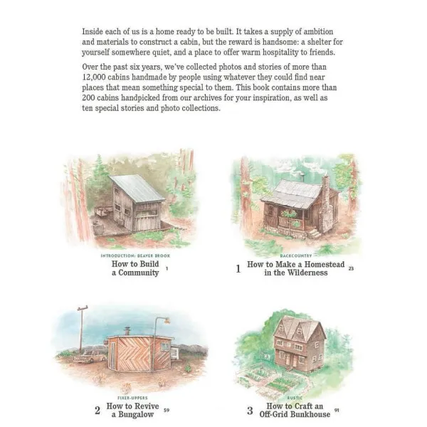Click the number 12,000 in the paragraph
(94, 78)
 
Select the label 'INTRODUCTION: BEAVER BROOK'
(135, 255)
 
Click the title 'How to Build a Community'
(135, 268)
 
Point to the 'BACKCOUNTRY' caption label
(296, 255)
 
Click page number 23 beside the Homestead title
(351, 268)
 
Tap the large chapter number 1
(238, 269)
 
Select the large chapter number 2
(97, 411)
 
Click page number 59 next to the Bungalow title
(167, 410)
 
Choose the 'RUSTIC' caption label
(295, 398)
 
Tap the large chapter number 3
(250, 411)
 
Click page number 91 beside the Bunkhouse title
(337, 410)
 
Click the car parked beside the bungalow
(90, 357)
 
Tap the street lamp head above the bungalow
(167, 320)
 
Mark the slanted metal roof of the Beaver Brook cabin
(137, 189)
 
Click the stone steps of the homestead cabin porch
(315, 233)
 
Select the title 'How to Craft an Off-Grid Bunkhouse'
(295, 410)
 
